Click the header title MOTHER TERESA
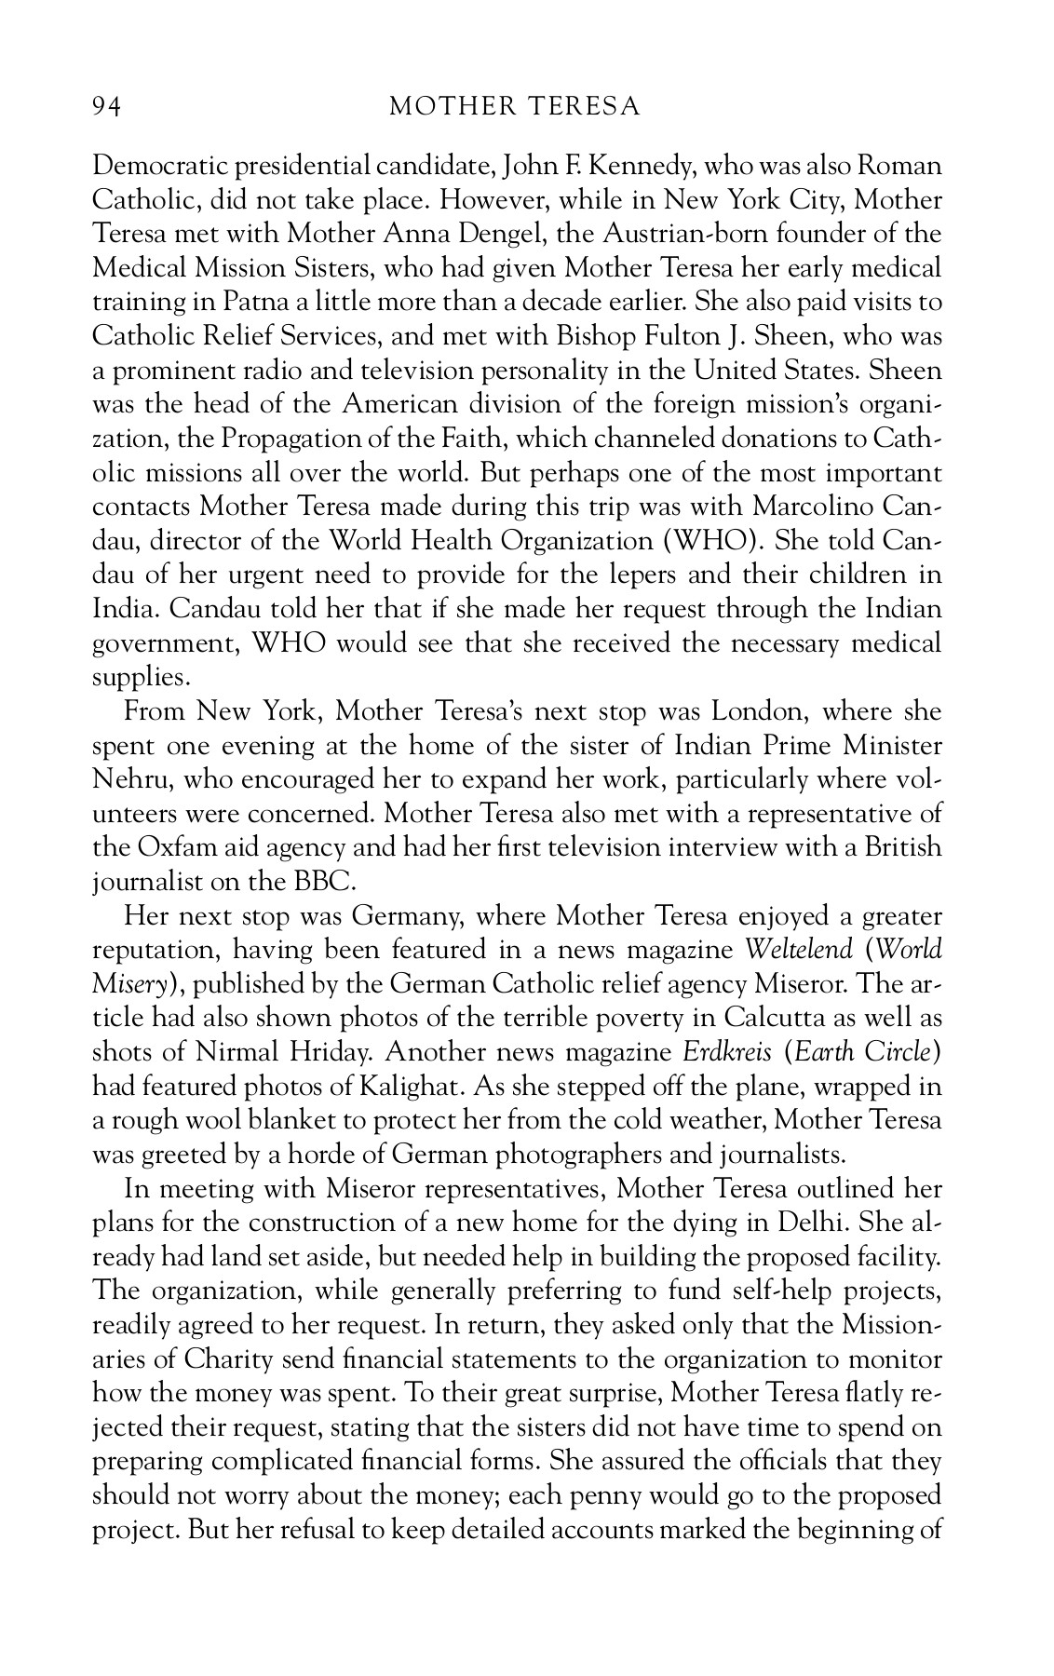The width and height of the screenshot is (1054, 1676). (x=515, y=107)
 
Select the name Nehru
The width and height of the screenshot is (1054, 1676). (x=127, y=779)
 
